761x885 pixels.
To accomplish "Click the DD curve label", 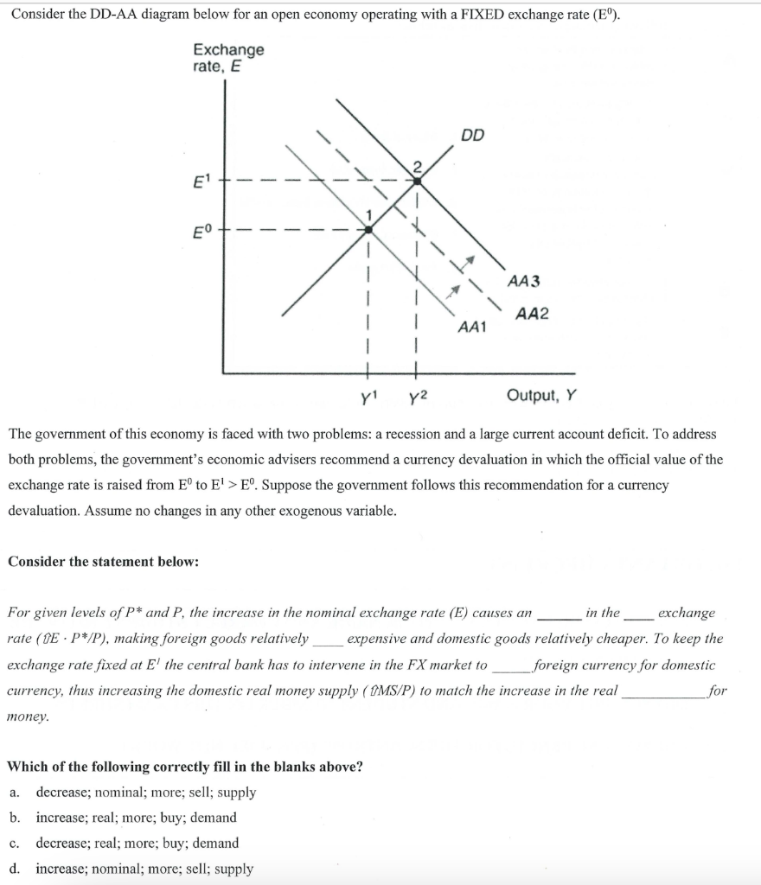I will coord(473,135).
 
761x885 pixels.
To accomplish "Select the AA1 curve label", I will coord(471,328).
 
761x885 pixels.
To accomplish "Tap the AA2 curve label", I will coord(533,315).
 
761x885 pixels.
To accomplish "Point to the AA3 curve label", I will coord(524,281).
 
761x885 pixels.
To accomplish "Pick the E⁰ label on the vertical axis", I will coord(202,230).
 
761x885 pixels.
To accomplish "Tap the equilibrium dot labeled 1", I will coord(369,230).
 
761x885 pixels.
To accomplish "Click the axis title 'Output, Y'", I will coord(541,396).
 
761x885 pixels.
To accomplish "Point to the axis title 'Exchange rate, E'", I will coord(228,58).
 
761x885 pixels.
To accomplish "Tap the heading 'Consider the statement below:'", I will coord(103,562).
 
